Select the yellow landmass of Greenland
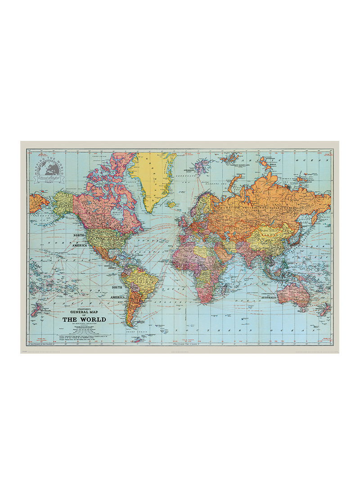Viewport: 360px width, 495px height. coord(153,175)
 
